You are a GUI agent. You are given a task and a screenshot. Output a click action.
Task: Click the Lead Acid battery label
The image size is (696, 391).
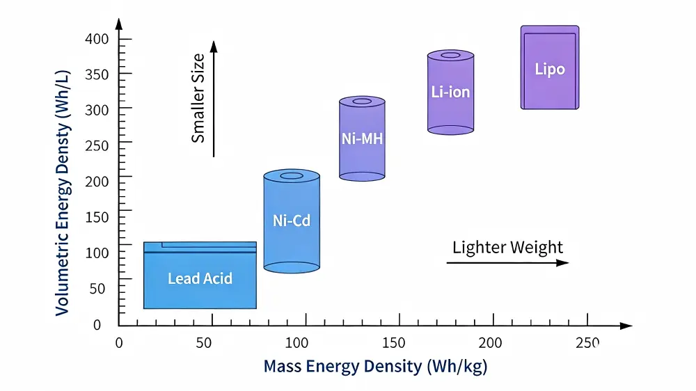[x=200, y=279]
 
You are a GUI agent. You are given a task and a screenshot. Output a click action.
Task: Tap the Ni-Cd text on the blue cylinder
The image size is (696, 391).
[x=292, y=222]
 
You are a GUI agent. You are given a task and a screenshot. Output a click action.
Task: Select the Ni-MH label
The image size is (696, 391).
[x=362, y=138]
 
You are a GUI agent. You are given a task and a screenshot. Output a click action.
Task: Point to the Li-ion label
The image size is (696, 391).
[x=450, y=91]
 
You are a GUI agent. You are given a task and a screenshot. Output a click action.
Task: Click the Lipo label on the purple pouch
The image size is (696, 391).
[x=549, y=69]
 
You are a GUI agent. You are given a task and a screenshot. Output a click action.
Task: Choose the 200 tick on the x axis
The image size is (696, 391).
[x=493, y=342]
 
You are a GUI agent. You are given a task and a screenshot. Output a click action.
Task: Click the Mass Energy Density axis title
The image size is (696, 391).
[x=375, y=366]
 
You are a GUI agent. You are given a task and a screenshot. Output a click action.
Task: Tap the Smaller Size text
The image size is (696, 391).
[x=198, y=98]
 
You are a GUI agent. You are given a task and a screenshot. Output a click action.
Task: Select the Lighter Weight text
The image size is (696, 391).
[x=507, y=247]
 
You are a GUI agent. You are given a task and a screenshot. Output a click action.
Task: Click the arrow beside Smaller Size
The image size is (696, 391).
[x=214, y=98]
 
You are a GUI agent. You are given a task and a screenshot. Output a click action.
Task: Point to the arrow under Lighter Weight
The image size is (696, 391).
[x=507, y=263]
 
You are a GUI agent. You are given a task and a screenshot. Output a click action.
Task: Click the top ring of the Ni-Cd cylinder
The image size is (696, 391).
[x=292, y=175]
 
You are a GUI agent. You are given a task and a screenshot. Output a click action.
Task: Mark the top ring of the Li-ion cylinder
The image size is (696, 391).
[x=450, y=55]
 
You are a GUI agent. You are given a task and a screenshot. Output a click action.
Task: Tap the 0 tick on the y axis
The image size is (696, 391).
[x=97, y=324]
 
